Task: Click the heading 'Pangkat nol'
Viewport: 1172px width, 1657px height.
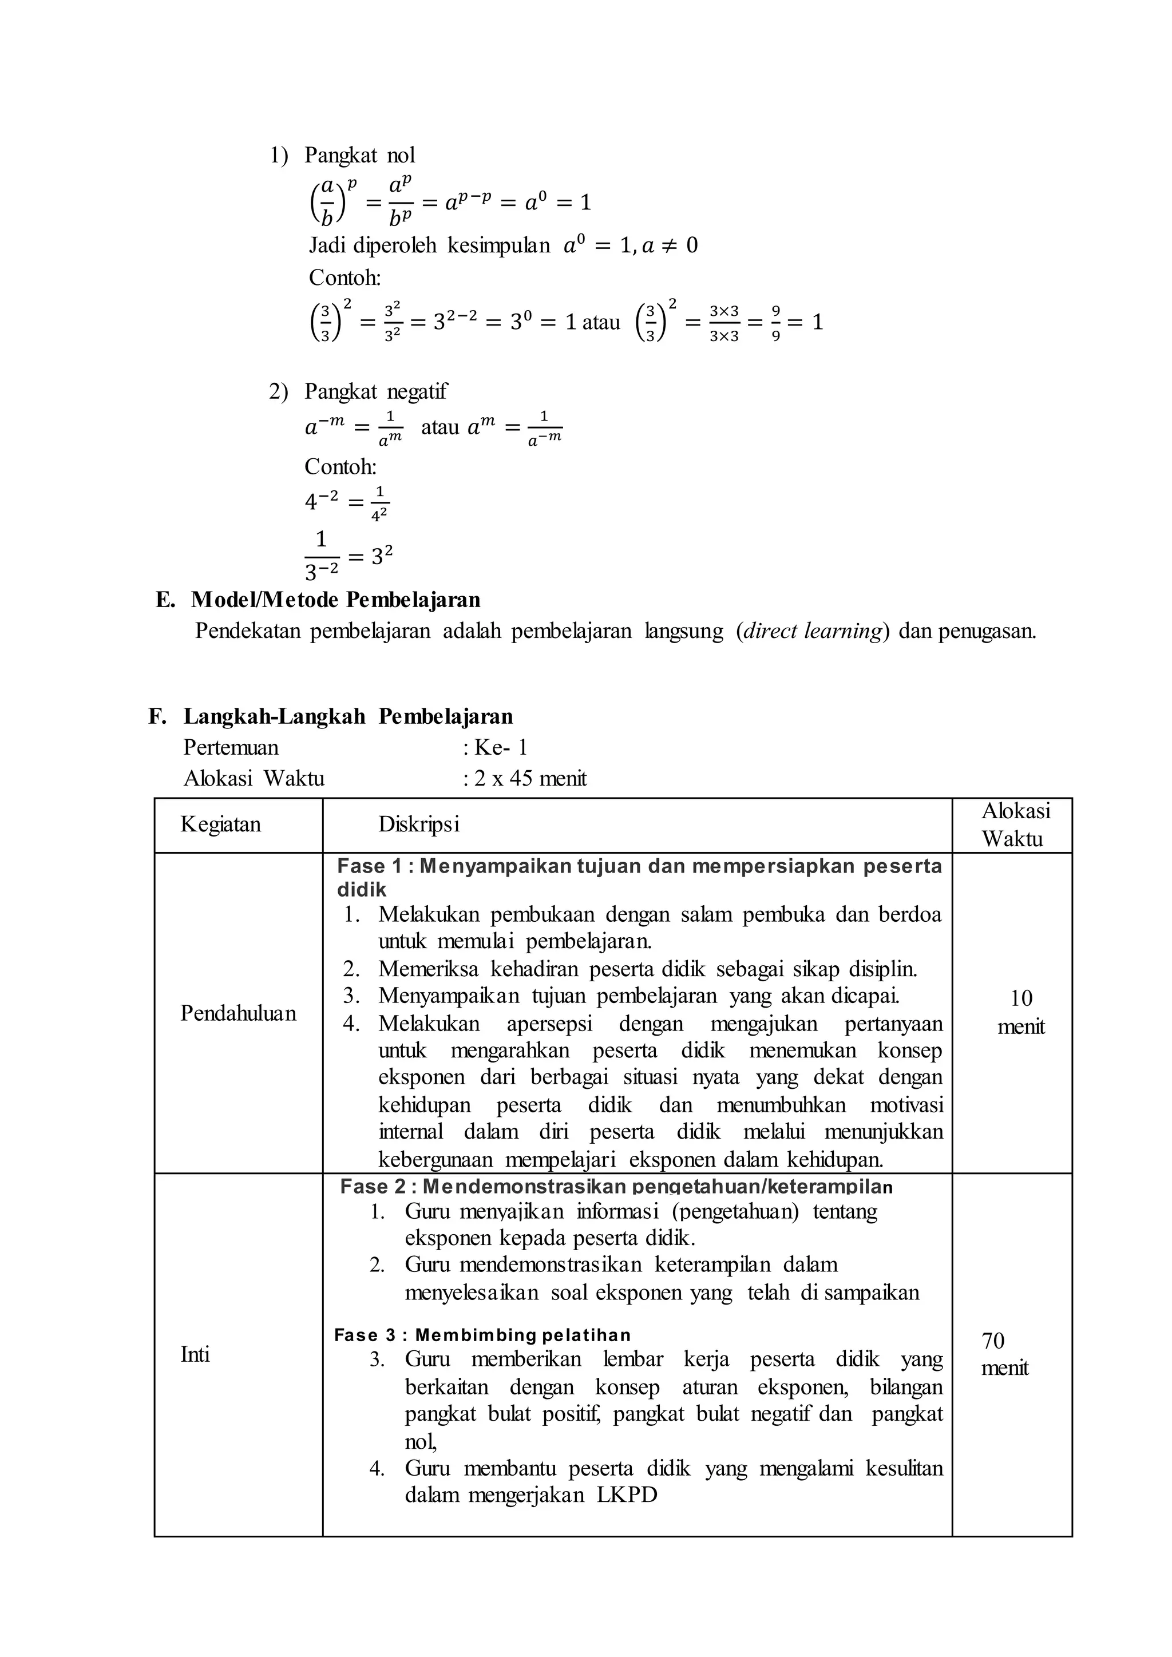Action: pos(359,155)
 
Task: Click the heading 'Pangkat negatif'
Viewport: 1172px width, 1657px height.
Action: pos(375,391)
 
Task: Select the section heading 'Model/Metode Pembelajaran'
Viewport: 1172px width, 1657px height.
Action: pos(335,600)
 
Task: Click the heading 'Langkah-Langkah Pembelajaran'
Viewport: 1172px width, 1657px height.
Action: pos(348,716)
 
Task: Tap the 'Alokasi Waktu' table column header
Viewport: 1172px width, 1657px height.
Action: pos(1015,825)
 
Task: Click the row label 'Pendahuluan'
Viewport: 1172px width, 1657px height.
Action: pos(238,1013)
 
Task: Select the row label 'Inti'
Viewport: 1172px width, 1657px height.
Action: pos(195,1355)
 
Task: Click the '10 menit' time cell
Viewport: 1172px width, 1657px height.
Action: pos(1020,1013)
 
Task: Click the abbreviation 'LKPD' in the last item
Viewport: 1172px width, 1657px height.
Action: pos(627,1495)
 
